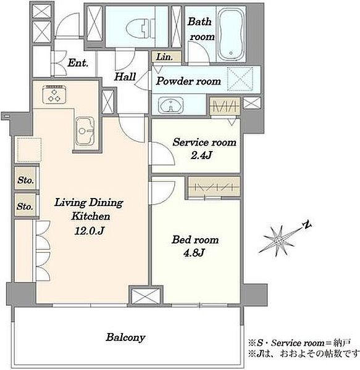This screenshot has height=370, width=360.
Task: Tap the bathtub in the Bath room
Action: tap(231, 34)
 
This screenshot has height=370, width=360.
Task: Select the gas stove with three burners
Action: tap(54, 94)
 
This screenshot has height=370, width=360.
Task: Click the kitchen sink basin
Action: tap(85, 131)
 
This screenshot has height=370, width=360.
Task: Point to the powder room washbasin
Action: tap(170, 105)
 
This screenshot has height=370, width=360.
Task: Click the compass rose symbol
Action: tap(278, 240)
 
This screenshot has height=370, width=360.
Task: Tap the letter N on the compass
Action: tap(307, 224)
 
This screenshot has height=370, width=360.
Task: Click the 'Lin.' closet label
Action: tap(164, 57)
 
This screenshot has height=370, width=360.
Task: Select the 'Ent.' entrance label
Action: tap(78, 63)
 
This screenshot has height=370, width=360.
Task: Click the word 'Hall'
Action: tap(125, 76)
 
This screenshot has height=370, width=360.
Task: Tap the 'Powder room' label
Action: tap(188, 81)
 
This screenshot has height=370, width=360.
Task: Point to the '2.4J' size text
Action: tap(201, 155)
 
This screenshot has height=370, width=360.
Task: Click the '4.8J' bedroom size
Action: tap(193, 253)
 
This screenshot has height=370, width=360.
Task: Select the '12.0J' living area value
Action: tap(89, 231)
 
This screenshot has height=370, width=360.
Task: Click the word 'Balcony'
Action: tap(125, 337)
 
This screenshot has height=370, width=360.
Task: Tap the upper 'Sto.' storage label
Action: tap(25, 180)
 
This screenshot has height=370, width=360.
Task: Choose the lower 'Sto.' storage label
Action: tap(25, 207)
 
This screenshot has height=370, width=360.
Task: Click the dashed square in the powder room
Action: tap(240, 79)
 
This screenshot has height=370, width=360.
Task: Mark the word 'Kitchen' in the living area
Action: tap(91, 216)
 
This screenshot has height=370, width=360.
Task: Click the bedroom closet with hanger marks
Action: tap(214, 187)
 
